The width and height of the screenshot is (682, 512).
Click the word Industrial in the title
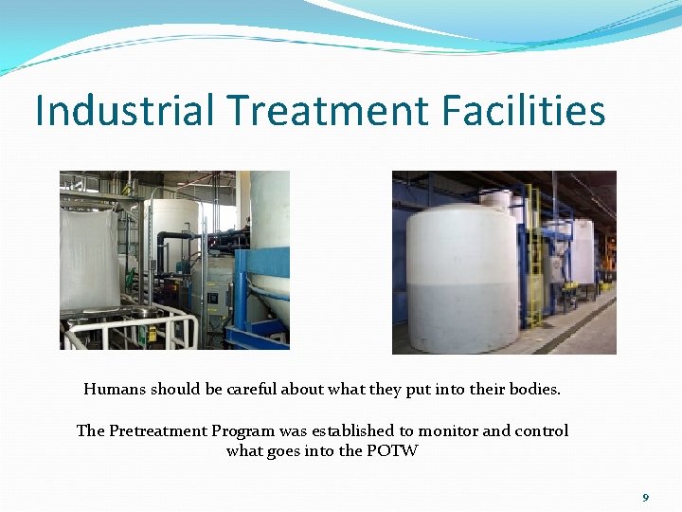pyautogui.click(x=125, y=111)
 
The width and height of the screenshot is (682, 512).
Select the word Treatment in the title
pyautogui.click(x=327, y=111)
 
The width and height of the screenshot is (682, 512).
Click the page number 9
pyautogui.click(x=645, y=498)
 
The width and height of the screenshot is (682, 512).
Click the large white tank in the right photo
pyautogui.click(x=461, y=275)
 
